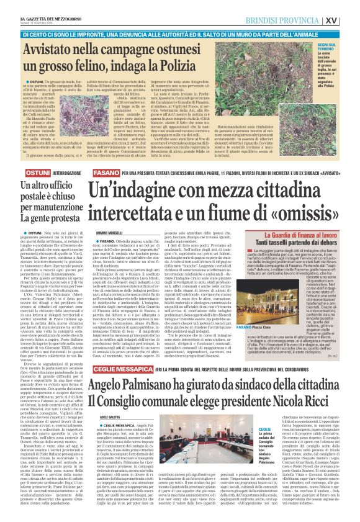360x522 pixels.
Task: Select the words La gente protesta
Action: coord(45,220)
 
